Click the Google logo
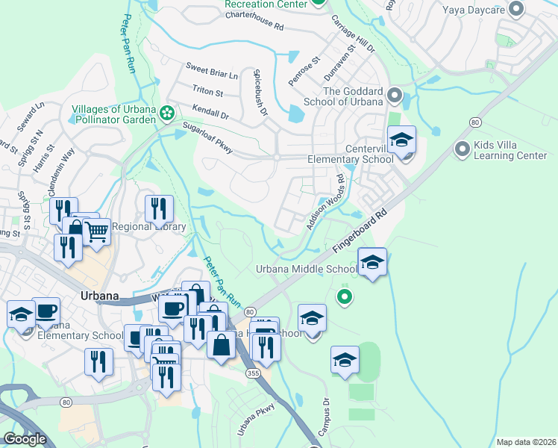point(25,439)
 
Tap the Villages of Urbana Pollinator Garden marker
point(167,113)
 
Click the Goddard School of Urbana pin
point(395,96)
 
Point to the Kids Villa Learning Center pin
point(463,149)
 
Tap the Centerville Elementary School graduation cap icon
point(401,141)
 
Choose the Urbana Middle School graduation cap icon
point(372,263)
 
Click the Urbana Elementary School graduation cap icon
point(21,314)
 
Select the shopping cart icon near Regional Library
point(96,232)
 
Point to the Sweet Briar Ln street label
point(212,75)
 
